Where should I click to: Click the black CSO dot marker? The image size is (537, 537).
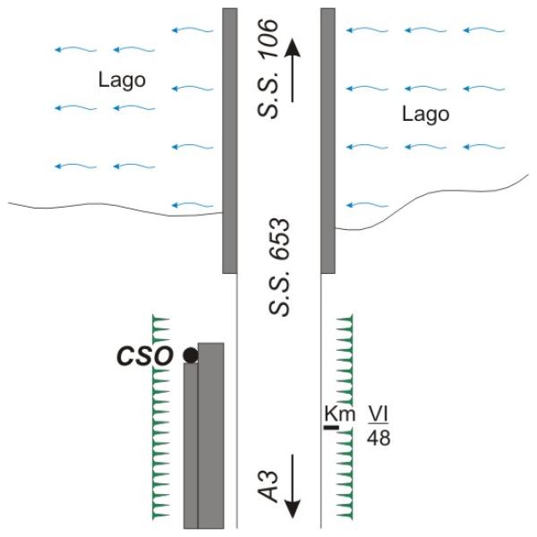pyautogui.click(x=191, y=355)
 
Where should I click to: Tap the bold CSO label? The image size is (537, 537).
pyautogui.click(x=144, y=356)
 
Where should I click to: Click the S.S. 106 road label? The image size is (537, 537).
pyautogui.click(x=268, y=69)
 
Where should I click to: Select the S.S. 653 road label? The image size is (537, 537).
pyautogui.click(x=279, y=267)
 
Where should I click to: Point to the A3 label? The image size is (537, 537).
pyautogui.click(x=268, y=487)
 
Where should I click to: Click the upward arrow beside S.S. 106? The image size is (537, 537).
pyautogui.click(x=293, y=70)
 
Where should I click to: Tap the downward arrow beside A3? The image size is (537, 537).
pyautogui.click(x=293, y=486)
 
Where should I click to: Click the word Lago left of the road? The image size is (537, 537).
pyautogui.click(x=122, y=81)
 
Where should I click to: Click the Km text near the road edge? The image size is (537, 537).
pyautogui.click(x=340, y=414)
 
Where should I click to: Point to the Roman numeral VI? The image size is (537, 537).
pyautogui.click(x=379, y=413)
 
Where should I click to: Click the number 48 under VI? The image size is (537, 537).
pyautogui.click(x=379, y=438)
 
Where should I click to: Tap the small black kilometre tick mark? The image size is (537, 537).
pyautogui.click(x=332, y=427)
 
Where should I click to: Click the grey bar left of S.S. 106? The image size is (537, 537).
pyautogui.click(x=230, y=141)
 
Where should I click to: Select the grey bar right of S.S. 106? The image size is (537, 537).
pyautogui.click(x=328, y=141)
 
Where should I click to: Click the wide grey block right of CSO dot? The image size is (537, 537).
pyautogui.click(x=211, y=435)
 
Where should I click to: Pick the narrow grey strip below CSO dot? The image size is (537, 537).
pyautogui.click(x=191, y=446)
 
